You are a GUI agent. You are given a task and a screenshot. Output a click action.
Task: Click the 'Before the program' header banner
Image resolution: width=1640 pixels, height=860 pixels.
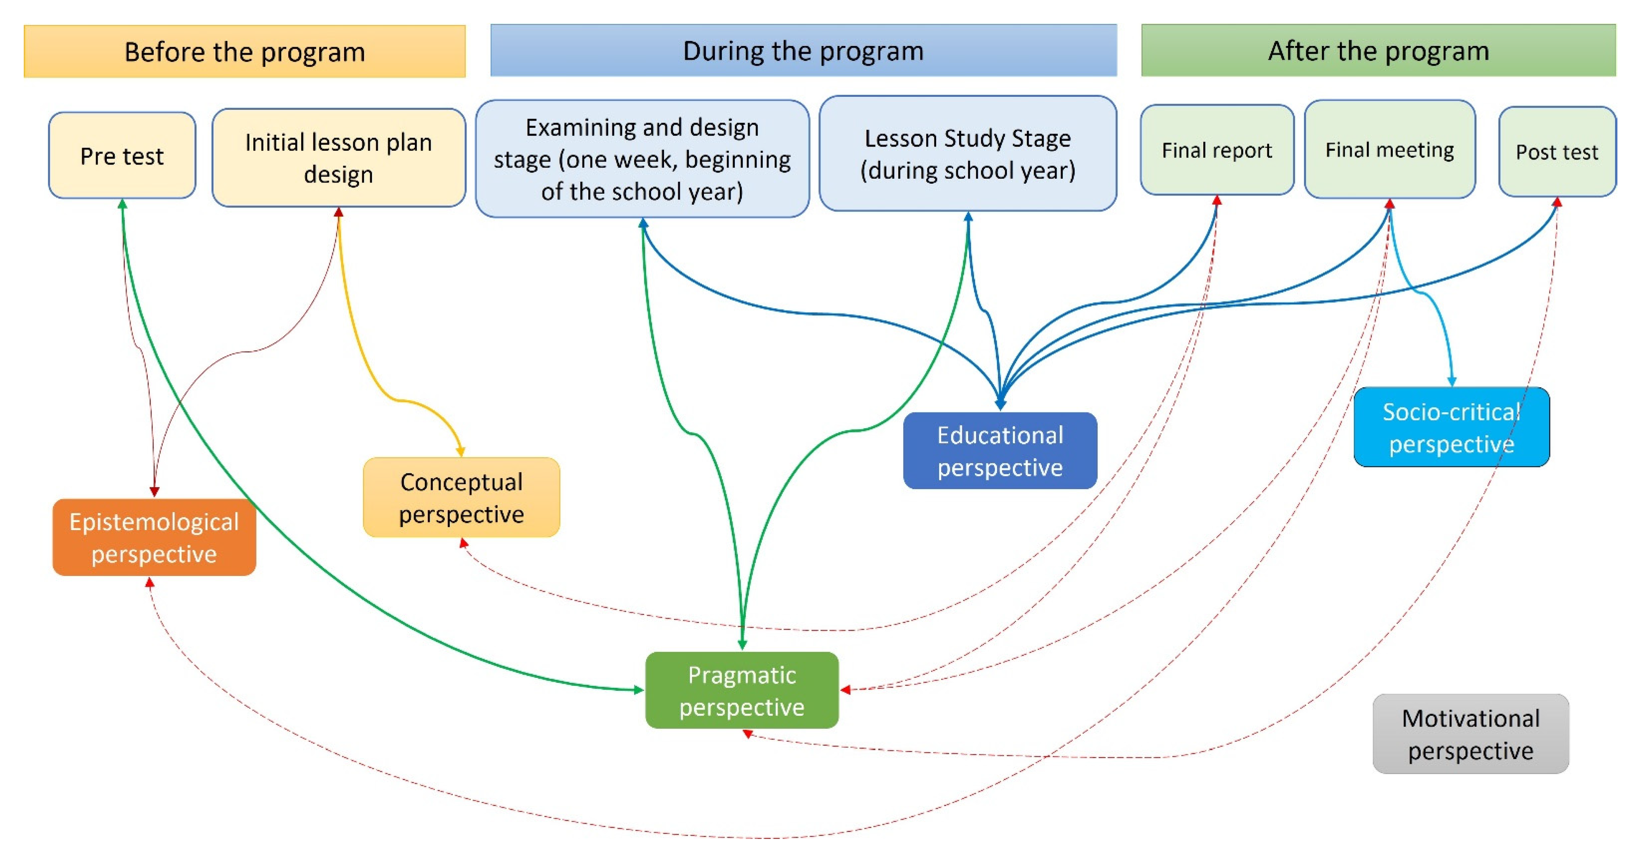[x=245, y=52]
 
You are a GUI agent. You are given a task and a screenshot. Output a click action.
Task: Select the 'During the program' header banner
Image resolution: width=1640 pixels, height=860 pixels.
[x=803, y=51]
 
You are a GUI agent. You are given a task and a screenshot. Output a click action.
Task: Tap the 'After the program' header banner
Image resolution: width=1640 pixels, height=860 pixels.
[x=1378, y=51]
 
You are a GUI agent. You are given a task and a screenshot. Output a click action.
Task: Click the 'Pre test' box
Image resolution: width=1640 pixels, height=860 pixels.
[x=122, y=156]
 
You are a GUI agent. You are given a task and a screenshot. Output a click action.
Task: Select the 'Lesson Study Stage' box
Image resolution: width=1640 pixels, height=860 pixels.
[x=967, y=154]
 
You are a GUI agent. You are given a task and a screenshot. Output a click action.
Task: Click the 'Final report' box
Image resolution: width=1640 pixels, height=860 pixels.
[x=1217, y=150]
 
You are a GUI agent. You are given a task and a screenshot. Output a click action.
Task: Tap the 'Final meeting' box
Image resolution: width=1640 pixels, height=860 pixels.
[x=1389, y=150]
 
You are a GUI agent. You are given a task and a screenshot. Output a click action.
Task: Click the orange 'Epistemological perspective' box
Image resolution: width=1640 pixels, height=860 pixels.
[x=154, y=537]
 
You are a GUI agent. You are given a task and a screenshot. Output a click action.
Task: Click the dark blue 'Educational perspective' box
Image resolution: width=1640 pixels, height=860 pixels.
[x=1000, y=451]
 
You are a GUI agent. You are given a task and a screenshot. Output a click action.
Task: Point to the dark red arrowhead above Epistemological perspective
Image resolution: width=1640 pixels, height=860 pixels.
[x=154, y=491]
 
